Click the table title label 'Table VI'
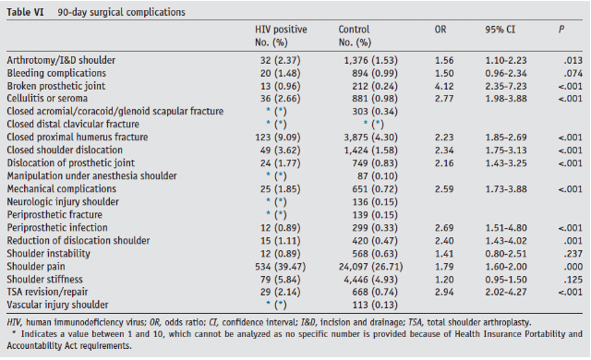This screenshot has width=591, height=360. click(25, 12)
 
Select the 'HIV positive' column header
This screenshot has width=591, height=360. click(281, 30)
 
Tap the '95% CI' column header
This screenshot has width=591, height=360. click(500, 30)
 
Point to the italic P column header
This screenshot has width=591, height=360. click(561, 30)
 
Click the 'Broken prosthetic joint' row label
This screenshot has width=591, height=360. click(55, 86)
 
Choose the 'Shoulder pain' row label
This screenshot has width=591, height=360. click(36, 267)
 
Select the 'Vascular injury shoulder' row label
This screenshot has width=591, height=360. click(57, 305)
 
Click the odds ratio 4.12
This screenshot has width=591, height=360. click(444, 86)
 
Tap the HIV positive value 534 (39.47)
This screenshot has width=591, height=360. click(280, 267)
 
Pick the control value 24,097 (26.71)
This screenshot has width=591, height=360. click(370, 267)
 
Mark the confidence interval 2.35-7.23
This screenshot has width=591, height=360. click(506, 86)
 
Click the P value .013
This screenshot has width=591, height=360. click(573, 60)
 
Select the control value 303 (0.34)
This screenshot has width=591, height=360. click(375, 112)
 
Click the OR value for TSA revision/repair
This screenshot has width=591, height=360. click(444, 292)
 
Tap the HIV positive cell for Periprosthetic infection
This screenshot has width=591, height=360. click(280, 228)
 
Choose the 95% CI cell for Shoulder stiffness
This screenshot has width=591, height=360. click(506, 280)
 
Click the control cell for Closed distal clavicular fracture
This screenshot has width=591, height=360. click(373, 125)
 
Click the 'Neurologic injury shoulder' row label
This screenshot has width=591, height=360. click(63, 202)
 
